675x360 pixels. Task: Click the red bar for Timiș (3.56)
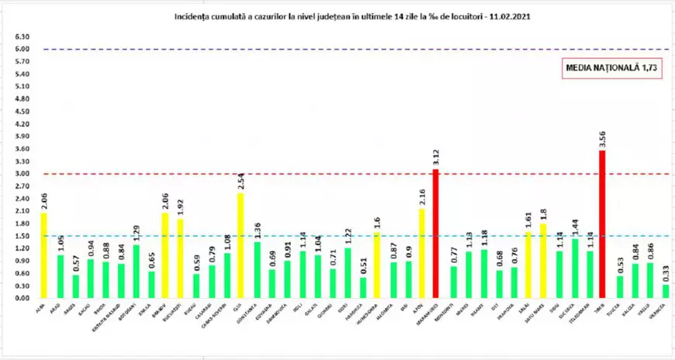(603, 225)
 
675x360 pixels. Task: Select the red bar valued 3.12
(435, 234)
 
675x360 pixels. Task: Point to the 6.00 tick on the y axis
(22, 49)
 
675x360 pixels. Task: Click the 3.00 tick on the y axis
(22, 174)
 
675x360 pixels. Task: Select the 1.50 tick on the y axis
(22, 236)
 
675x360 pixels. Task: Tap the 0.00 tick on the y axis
(22, 298)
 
